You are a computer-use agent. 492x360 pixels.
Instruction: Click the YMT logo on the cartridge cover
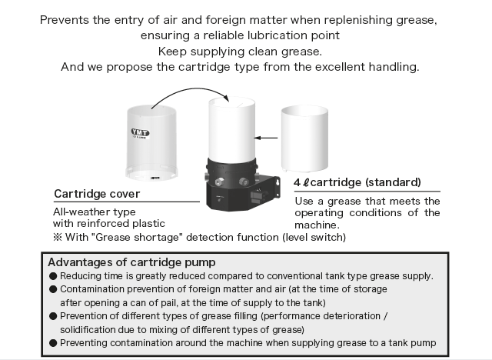pyautogui.click(x=140, y=133)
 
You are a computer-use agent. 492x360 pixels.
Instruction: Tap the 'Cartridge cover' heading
pyautogui.click(x=97, y=194)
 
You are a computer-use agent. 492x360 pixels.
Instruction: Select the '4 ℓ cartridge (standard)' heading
pyautogui.click(x=357, y=182)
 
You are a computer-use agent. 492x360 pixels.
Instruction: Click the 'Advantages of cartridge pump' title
pyautogui.click(x=131, y=262)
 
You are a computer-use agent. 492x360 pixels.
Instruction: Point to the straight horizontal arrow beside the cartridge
pyautogui.click(x=266, y=138)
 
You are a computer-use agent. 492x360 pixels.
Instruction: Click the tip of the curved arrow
pyautogui.click(x=229, y=102)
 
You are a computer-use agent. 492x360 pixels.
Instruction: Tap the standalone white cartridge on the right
pyautogui.click(x=304, y=138)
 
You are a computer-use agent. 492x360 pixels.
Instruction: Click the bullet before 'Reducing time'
pyautogui.click(x=53, y=276)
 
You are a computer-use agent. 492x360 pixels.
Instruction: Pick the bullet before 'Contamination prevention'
pyautogui.click(x=53, y=289)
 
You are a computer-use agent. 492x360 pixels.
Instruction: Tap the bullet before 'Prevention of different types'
pyautogui.click(x=53, y=316)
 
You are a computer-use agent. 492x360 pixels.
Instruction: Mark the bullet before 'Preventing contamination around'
pyautogui.click(x=53, y=343)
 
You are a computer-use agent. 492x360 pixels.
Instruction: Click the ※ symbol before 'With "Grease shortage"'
pyautogui.click(x=58, y=237)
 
